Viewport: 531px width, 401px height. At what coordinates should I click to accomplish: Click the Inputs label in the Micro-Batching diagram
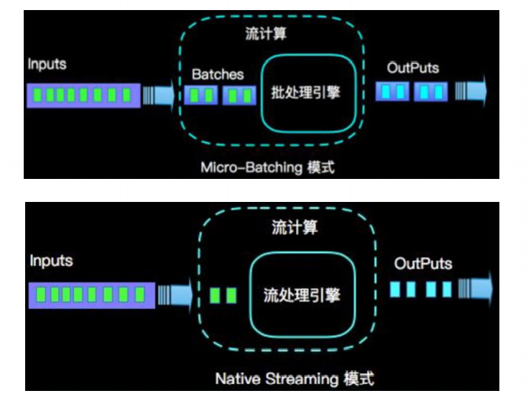click(x=47, y=64)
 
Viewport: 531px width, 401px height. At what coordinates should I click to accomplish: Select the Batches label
click(x=218, y=74)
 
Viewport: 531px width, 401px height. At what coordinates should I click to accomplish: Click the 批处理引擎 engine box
click(x=309, y=94)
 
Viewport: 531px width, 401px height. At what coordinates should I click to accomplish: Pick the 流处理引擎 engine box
click(x=302, y=295)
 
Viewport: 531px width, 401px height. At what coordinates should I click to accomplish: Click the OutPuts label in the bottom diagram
click(x=423, y=264)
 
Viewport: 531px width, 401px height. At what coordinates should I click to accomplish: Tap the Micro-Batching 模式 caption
click(x=268, y=168)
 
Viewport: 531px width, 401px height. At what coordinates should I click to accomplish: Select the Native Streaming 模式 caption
click(x=295, y=378)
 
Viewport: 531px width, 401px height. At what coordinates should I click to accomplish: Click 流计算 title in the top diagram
click(x=262, y=34)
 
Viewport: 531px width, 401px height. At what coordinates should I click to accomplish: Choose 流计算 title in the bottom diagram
click(x=295, y=229)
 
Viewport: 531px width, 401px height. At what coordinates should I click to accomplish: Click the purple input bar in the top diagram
click(x=83, y=95)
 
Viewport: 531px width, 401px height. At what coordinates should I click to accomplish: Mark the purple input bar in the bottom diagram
click(x=91, y=294)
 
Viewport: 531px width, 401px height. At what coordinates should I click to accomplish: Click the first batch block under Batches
click(x=200, y=95)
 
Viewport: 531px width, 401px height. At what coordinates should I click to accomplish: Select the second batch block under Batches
click(x=239, y=95)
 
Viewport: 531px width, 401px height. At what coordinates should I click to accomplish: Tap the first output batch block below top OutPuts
click(x=393, y=91)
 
